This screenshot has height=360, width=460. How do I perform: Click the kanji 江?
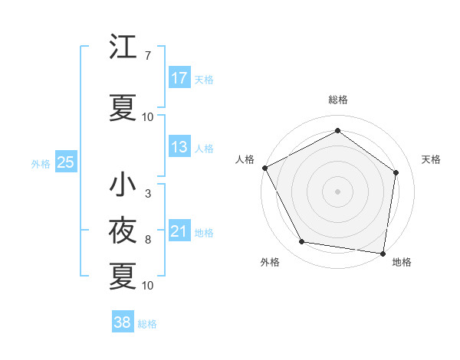coord(123,47)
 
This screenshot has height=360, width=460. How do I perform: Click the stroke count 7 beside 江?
coord(147,56)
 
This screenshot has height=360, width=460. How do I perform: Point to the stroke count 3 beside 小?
coord(147,194)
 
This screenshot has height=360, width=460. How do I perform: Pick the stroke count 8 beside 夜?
coord(147,240)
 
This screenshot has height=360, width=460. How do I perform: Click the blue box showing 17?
coord(179,78)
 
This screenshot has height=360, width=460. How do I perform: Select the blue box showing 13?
coord(179,147)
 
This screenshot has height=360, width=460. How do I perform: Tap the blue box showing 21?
coord(179,231)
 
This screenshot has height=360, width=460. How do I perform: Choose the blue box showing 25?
coord(65,162)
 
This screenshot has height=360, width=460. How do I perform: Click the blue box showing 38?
coord(122,322)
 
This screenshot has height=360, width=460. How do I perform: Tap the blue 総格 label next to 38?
coord(148,324)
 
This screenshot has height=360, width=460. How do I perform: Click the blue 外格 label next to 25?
coord(41,163)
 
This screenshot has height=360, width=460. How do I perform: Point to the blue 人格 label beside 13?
coord(204,148)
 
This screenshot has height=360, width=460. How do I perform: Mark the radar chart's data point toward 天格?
coord(396,173)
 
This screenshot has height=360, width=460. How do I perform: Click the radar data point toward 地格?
coord(383,253)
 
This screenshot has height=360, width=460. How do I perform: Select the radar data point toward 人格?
coord(264,168)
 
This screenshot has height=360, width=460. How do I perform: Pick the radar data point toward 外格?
coord(302,242)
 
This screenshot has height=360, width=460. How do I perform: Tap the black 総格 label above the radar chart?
coord(337,100)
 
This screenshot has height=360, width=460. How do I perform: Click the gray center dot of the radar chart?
coord(337,191)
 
